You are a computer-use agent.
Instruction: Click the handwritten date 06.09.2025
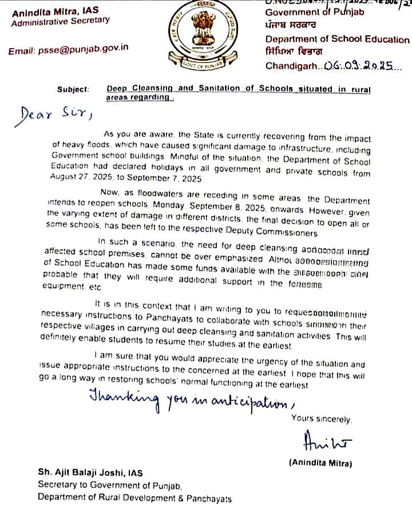[x=356, y=66]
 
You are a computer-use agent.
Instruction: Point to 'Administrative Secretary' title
[x=60, y=21]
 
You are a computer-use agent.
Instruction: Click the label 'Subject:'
[x=73, y=89]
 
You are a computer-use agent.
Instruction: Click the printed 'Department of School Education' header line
[x=337, y=40]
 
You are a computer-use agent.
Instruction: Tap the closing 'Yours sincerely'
[x=321, y=419]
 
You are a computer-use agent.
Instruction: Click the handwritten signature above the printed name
[x=323, y=442]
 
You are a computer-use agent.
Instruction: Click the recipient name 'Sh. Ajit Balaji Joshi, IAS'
[x=90, y=473]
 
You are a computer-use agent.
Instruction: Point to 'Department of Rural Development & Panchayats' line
[x=135, y=498]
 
